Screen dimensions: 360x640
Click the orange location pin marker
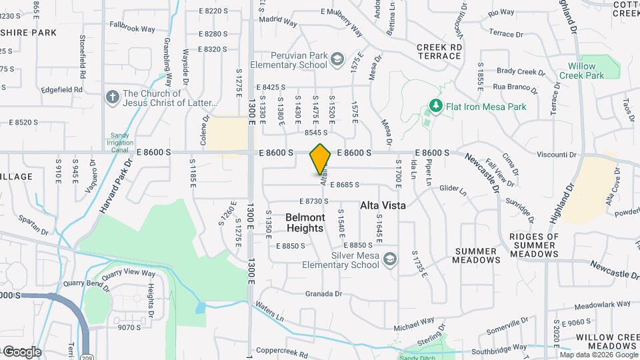pos(321,159)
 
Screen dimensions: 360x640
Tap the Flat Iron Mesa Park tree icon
pos(435,106)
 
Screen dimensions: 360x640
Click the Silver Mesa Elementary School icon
pos(389,259)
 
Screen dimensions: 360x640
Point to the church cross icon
pos(112,98)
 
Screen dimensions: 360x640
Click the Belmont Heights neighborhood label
pos(305,223)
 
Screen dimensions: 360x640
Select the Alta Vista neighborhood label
pos(383,206)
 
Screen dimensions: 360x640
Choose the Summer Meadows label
pos(477,255)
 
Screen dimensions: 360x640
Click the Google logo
pos(21,351)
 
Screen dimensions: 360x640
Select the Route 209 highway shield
pos(85,351)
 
